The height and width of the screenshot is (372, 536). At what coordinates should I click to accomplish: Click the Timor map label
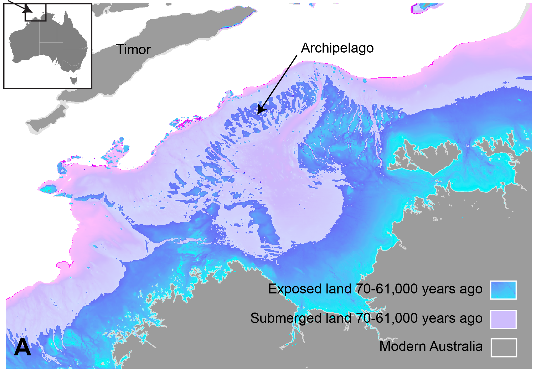[x=133, y=50]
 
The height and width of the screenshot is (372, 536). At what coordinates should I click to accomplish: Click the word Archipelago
[x=337, y=48]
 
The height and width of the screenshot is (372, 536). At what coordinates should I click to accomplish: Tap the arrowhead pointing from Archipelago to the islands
[x=261, y=110]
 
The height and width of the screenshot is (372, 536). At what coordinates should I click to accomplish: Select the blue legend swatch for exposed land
[x=503, y=290]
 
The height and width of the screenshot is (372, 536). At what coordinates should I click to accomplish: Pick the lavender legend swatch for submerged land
[x=503, y=319]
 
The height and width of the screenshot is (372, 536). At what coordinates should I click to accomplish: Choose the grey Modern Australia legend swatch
[x=504, y=348]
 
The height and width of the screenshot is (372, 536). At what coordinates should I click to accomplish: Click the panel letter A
[x=22, y=347]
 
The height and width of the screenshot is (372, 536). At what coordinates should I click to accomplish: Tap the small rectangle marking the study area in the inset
[x=35, y=12]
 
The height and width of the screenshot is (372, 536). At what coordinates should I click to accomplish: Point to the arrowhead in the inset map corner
[x=28, y=10]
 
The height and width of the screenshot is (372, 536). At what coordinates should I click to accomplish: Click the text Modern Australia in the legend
[x=431, y=347]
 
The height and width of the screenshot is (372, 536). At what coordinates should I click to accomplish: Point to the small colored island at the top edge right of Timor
[x=421, y=8]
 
